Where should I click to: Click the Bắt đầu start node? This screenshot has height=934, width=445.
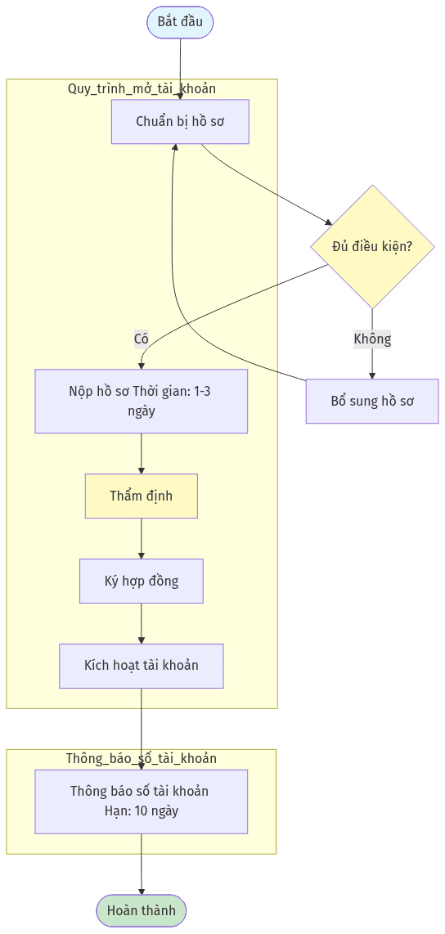click(x=180, y=23)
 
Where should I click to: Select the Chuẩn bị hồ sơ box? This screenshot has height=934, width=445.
click(x=180, y=122)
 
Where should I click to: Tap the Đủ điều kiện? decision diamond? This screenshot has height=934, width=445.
click(x=372, y=247)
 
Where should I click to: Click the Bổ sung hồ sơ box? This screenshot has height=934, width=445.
click(x=372, y=401)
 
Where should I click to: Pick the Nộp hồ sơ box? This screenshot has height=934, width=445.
click(x=142, y=401)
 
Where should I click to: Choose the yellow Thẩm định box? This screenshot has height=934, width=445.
click(x=142, y=496)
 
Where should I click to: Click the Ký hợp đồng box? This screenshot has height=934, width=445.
click(x=142, y=581)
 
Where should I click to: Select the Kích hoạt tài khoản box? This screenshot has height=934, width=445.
click(x=142, y=666)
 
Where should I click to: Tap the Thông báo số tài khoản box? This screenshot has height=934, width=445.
click(x=142, y=802)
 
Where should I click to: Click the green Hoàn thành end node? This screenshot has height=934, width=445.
click(x=142, y=910)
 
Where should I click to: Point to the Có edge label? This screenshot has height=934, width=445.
click(x=142, y=339)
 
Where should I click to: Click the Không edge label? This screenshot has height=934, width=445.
click(x=372, y=339)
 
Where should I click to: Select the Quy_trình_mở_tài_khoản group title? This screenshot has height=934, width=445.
click(x=142, y=89)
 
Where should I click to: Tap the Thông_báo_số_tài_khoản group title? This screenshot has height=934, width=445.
click(x=142, y=758)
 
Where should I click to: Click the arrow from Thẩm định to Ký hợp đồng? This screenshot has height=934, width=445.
click(x=142, y=538)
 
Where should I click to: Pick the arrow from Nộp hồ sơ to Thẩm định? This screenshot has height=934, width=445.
click(x=142, y=453)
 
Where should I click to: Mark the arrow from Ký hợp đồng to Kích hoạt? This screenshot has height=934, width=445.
click(x=142, y=624)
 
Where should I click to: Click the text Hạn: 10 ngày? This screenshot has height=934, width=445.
click(x=142, y=811)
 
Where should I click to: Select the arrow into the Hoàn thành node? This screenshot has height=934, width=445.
click(x=142, y=864)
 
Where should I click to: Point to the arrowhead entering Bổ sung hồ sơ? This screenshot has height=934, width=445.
click(x=372, y=375)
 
